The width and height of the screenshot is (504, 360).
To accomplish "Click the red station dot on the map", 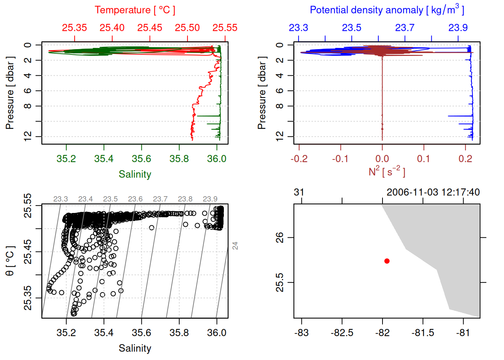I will [x=387, y=261].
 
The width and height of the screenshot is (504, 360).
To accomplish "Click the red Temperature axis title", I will [x=135, y=10].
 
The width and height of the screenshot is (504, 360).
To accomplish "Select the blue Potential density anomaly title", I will [x=387, y=10].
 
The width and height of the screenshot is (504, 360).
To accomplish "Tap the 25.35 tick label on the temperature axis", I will [x=74, y=28].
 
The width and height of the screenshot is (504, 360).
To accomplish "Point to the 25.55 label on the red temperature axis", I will [x=225, y=28].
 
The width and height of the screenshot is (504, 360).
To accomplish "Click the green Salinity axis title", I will [x=135, y=174].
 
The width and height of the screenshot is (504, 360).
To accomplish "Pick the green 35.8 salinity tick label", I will [x=179, y=159].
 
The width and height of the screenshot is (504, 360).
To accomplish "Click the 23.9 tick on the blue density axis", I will [x=458, y=28].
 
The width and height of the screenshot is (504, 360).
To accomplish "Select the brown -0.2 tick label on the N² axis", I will [x=299, y=159].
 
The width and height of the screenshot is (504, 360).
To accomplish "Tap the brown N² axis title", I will [x=387, y=172].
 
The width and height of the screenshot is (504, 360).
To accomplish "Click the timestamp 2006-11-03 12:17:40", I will [x=433, y=192].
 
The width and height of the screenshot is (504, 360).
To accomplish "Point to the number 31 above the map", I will [x=299, y=192].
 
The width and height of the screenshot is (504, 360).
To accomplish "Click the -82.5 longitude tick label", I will [x=342, y=333].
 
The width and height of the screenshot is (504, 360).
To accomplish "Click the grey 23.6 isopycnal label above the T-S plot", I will [x=135, y=199].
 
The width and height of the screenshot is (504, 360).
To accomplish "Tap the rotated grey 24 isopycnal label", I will [x=235, y=246].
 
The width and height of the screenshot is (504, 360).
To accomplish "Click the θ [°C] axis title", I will [x=10, y=261].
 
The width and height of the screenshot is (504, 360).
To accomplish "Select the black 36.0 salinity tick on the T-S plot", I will [x=216, y=333].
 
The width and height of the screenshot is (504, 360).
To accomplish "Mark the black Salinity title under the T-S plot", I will [x=135, y=348].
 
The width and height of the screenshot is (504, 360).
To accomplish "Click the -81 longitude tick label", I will [x=463, y=333].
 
